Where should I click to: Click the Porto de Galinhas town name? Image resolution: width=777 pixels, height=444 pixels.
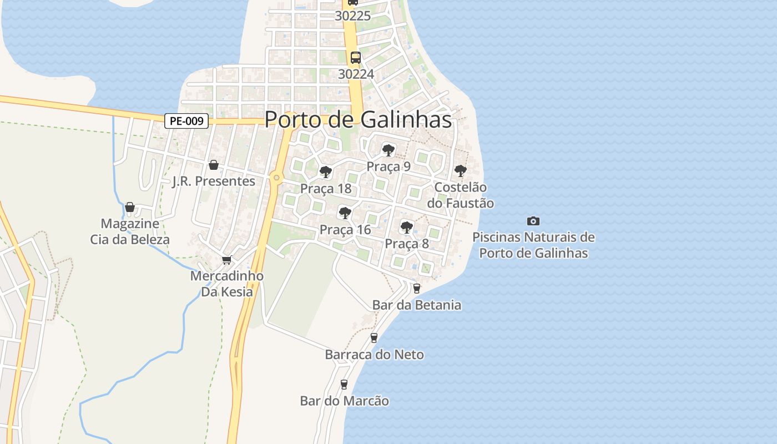click(357, 119)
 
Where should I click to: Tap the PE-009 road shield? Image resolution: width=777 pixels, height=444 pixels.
click(186, 121)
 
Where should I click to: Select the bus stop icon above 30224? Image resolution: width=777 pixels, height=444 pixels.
click(355, 57)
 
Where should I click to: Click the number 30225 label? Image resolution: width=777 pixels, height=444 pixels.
click(352, 16)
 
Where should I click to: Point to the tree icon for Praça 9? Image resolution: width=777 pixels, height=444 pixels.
click(389, 150)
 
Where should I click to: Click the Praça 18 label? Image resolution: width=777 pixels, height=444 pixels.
click(326, 189)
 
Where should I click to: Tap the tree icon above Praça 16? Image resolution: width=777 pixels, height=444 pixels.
click(345, 213)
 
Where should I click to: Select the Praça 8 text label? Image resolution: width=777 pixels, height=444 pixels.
click(407, 244)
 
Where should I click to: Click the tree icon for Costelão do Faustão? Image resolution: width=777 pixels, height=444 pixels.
click(460, 170)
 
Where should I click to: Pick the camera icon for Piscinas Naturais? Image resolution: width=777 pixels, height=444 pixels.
click(533, 221)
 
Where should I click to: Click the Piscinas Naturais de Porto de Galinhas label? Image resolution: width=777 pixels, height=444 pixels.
click(533, 245)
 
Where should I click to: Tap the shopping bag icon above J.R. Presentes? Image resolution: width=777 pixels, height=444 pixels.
click(213, 165)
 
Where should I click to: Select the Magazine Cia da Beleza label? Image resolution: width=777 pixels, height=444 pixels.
click(130, 232)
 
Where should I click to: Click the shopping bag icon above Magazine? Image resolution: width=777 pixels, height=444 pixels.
click(130, 208)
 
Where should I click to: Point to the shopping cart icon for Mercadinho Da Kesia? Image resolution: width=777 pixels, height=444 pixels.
click(226, 260)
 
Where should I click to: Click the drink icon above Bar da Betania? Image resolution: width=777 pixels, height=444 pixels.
click(417, 289)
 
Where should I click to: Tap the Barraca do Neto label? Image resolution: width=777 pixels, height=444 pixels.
click(374, 355)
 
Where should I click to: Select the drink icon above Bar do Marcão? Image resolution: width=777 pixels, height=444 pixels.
click(344, 384)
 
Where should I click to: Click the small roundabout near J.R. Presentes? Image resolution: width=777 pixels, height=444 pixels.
click(276, 178)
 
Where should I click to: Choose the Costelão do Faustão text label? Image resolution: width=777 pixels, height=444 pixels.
click(460, 195)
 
